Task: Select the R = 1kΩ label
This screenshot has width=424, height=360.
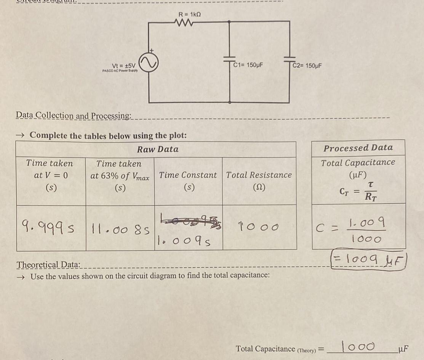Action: coord(190,14)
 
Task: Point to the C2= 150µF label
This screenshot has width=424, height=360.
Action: coord(308,65)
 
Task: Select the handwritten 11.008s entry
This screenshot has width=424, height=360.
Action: coord(119,230)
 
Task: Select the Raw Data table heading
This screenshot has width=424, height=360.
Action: coord(158,149)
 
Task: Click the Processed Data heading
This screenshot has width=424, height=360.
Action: coord(358,148)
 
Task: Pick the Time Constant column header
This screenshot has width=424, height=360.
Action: coord(188,175)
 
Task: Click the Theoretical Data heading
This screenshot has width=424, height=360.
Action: coord(48,265)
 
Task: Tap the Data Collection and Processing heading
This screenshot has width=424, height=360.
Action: coord(74,115)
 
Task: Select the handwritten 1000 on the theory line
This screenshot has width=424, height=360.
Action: coord(358,346)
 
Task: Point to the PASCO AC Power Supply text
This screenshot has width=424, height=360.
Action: coord(120,71)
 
